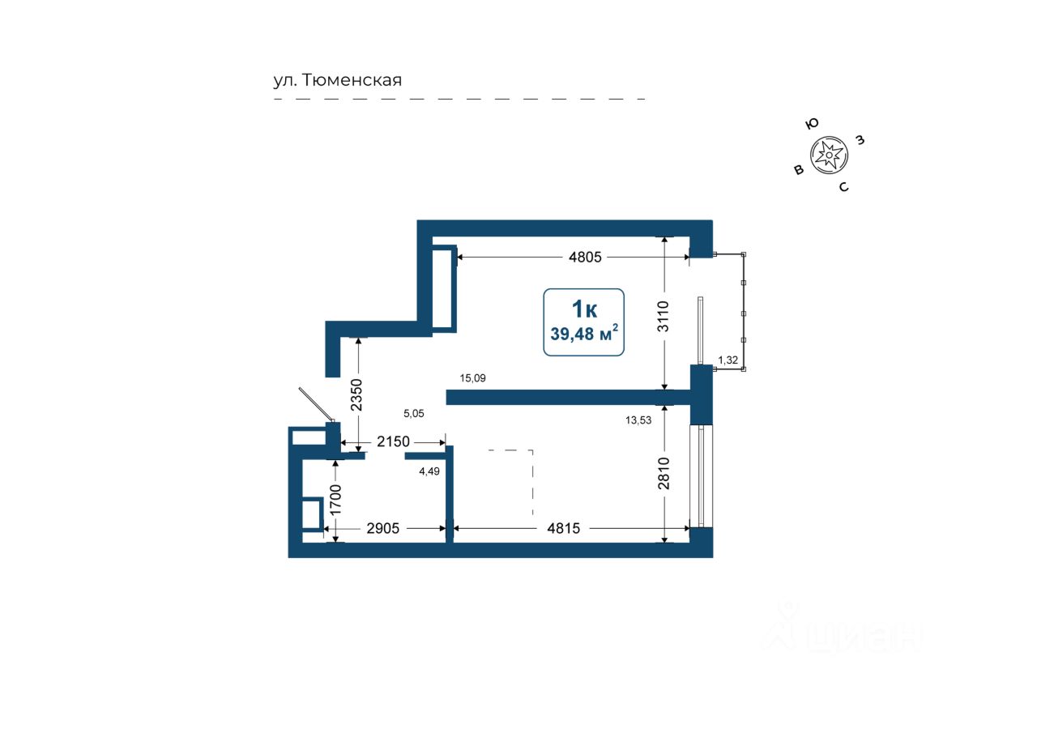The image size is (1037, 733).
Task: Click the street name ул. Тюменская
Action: click(338, 80)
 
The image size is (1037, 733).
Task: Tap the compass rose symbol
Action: click(829, 155)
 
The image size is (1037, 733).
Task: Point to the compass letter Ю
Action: click(812, 124)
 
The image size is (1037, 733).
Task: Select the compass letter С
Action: click(844, 187)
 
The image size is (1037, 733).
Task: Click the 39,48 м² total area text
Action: click(584, 333)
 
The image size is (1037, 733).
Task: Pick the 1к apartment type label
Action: click(584, 309)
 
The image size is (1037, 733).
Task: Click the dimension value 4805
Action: click(585, 257)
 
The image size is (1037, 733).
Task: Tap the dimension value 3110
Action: click(664, 316)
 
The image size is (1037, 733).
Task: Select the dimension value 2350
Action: click(356, 394)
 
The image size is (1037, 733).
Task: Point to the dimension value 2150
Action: click(393, 441)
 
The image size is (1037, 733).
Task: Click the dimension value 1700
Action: click(335, 500)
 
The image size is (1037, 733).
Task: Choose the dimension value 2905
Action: click(383, 528)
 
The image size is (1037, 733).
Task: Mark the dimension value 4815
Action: click(563, 528)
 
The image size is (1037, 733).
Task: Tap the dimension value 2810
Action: click(664, 473)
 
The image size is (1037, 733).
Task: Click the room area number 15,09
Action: click(472, 378)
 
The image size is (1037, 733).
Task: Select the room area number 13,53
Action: click(638, 420)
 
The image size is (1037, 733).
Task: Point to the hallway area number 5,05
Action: click(414, 413)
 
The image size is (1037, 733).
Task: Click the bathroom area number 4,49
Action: click(429, 471)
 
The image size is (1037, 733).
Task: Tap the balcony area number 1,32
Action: click(728, 360)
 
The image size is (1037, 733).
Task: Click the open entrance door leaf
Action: click(316, 404)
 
